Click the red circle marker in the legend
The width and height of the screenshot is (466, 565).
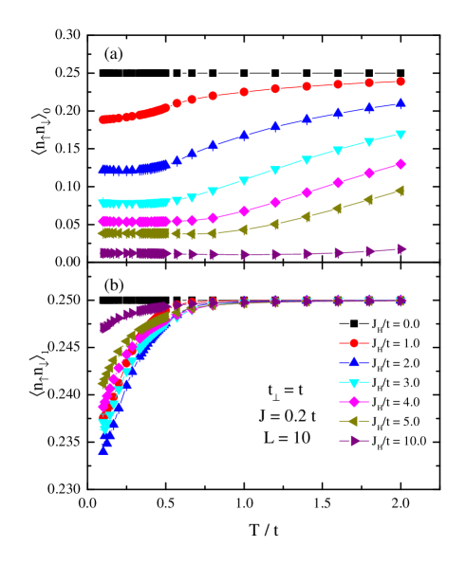[x=354, y=343]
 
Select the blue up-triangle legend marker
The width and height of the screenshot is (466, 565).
[x=354, y=362]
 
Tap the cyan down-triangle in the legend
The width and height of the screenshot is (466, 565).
[x=354, y=382]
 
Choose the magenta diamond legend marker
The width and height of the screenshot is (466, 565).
[x=354, y=401]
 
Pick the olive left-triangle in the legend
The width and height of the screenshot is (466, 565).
[x=354, y=421]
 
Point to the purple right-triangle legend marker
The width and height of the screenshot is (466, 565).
[x=354, y=440]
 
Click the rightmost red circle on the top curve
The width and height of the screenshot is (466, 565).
[x=401, y=82]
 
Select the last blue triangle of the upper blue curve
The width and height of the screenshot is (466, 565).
[x=401, y=103]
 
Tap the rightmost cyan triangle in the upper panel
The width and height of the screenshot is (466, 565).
[x=401, y=135]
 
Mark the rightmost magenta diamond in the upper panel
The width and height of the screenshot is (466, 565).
[x=401, y=164]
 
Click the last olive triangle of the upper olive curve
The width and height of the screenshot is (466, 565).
[x=401, y=191]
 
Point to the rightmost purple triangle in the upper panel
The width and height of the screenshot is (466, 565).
[x=401, y=249]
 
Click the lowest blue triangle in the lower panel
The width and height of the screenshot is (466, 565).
[x=103, y=449]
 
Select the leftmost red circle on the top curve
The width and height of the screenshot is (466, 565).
[x=103, y=120]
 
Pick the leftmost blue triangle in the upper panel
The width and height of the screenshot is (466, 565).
[x=103, y=171]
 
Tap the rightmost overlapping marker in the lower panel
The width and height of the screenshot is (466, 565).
[x=401, y=301]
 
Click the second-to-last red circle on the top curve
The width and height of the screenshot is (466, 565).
[x=369, y=82]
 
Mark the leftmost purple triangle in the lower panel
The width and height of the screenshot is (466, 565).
[x=103, y=328]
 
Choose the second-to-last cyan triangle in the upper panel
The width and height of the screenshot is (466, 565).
[x=369, y=142]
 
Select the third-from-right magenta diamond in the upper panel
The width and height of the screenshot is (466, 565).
[x=338, y=183]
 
